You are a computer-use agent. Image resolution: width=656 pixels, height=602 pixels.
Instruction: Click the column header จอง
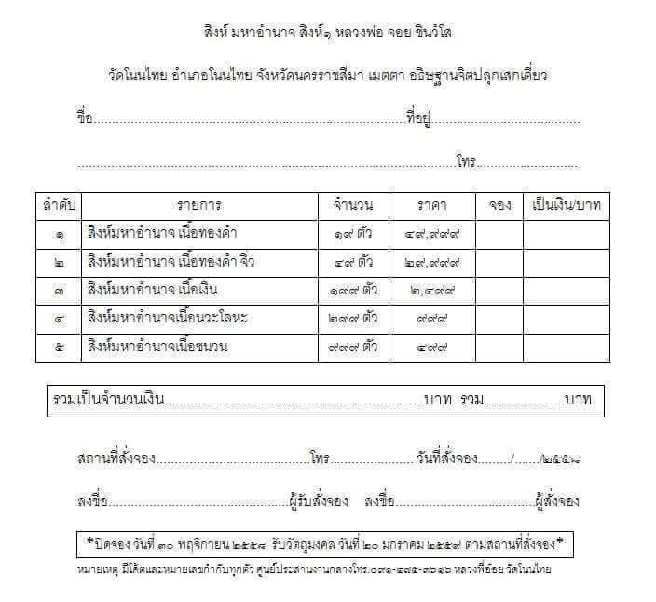(499, 204)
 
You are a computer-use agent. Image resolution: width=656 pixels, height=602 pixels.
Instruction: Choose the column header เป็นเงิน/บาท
(566, 204)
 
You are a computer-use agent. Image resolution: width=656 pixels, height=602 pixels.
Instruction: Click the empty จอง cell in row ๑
(499, 233)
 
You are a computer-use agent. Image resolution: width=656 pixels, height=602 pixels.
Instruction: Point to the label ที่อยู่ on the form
(416, 118)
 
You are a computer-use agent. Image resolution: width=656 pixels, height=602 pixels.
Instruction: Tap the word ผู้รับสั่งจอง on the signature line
(318, 500)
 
